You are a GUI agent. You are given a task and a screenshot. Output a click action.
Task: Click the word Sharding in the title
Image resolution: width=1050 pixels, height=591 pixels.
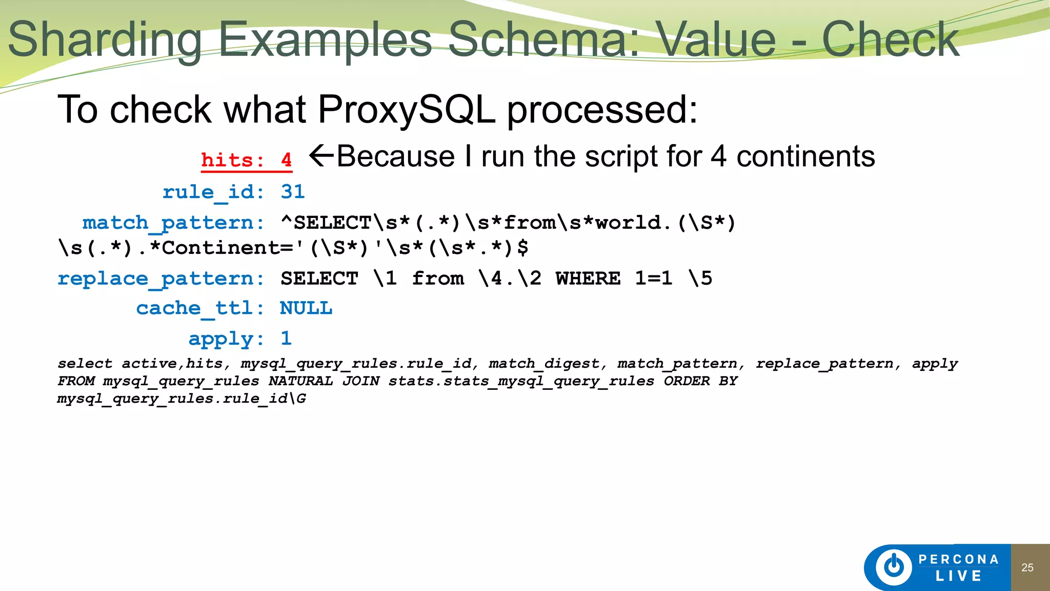click(105, 41)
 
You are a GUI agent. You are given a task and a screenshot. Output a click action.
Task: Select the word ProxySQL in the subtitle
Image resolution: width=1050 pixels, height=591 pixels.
click(407, 109)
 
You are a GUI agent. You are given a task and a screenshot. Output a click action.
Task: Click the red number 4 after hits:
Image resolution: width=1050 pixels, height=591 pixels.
click(286, 160)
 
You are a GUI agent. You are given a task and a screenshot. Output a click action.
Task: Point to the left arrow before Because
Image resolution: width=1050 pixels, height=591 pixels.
click(322, 155)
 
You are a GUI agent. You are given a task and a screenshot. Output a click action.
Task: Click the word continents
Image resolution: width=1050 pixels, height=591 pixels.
click(805, 156)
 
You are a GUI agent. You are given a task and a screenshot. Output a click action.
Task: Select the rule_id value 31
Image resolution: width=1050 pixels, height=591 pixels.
click(293, 192)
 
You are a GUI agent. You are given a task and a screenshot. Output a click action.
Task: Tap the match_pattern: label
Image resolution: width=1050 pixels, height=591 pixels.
click(173, 223)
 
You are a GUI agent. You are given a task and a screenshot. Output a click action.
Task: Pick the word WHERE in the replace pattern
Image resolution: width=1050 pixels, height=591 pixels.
click(588, 279)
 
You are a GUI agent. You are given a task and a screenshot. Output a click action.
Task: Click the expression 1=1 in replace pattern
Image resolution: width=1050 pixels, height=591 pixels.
click(653, 279)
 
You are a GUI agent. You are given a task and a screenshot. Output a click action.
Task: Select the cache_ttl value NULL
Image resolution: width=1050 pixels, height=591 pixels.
click(306, 308)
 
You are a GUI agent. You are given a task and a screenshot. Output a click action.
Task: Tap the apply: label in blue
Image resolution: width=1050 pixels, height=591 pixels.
click(226, 339)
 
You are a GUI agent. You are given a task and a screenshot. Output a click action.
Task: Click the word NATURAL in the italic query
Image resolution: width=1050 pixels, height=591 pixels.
click(300, 381)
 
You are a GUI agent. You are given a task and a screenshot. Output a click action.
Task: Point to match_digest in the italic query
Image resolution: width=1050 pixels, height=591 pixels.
click(544, 364)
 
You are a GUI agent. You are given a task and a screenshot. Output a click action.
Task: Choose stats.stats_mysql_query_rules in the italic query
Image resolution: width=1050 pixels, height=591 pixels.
click(521, 381)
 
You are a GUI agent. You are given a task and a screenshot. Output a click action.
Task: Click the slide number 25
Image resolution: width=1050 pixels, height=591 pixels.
click(1027, 567)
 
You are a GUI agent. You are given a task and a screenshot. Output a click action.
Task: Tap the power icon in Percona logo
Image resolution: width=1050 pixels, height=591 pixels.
click(894, 567)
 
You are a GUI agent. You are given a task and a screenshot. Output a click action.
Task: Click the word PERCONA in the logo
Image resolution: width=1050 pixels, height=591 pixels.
click(958, 559)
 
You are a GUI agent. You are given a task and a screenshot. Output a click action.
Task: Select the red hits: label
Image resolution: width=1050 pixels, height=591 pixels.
click(232, 160)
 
